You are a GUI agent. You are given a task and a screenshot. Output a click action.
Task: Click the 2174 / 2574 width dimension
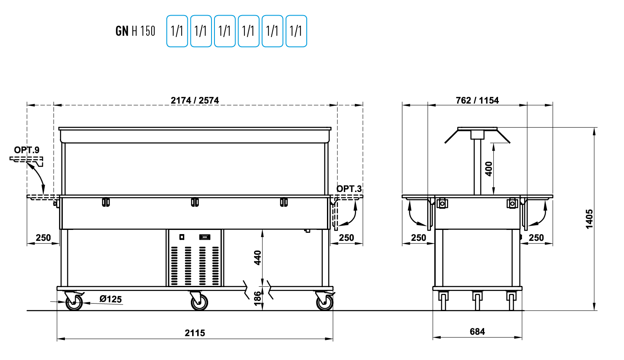tap(195, 100)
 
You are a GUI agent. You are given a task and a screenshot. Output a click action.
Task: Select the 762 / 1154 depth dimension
tap(477, 100)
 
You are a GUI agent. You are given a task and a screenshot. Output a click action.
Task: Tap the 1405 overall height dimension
tap(589, 219)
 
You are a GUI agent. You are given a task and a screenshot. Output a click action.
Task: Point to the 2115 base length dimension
tap(195, 333)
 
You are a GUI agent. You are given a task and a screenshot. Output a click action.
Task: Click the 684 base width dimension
tap(477, 332)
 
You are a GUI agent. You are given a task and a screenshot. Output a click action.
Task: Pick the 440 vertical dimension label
tap(258, 258)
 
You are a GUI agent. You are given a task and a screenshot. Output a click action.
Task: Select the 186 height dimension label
tap(258, 298)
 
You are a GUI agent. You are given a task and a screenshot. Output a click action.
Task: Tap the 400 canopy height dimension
tap(489, 169)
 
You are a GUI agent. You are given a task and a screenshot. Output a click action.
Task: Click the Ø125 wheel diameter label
tap(110, 299)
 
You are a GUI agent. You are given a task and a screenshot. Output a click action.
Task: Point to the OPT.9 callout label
tap(27, 150)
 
